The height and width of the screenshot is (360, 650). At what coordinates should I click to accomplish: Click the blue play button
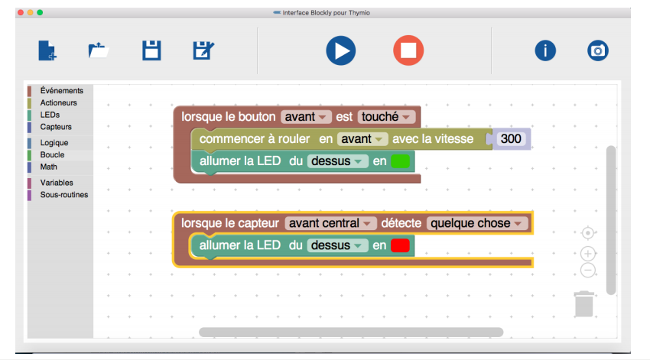point(340,50)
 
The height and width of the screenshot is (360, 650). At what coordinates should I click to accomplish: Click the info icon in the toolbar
point(544,50)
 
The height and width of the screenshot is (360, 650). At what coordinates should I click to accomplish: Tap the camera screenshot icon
point(598,50)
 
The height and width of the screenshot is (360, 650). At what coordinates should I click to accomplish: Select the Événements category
point(61,90)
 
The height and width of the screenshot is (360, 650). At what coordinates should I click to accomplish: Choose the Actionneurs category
point(58,102)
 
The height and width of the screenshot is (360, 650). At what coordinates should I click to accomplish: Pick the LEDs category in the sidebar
point(50,115)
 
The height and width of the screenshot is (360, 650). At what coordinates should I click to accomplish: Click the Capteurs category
point(56,127)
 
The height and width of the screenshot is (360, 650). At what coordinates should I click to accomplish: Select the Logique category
point(54,143)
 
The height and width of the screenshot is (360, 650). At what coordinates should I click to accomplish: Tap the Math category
point(49,167)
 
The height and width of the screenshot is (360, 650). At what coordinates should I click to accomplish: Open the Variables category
point(57,183)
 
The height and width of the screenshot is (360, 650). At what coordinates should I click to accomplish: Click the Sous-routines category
point(64,195)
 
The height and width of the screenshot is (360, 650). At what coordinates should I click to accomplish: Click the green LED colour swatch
point(400,161)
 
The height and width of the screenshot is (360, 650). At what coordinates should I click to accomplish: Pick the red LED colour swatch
point(400,245)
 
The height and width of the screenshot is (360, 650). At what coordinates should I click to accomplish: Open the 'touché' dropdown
point(386,117)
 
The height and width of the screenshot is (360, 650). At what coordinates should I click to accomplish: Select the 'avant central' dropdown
point(330,223)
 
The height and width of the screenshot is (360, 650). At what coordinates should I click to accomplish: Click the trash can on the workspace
point(584,303)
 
